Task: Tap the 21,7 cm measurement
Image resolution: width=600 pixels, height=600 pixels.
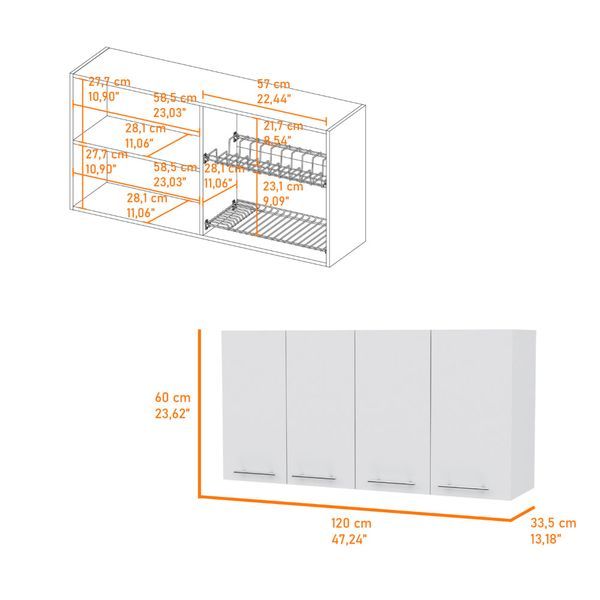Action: point(283,127)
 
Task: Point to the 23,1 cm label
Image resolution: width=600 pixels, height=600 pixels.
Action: point(283,186)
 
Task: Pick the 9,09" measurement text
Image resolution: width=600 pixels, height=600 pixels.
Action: point(281,200)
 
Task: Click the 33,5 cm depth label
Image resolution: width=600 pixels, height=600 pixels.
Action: point(553,523)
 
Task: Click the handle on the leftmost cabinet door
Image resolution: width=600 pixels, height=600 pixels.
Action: point(255,471)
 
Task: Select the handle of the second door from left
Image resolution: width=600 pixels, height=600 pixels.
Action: point(321,476)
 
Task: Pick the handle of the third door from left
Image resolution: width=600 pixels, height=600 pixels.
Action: point(391,482)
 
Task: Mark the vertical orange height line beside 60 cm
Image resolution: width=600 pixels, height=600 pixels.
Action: point(199,410)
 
